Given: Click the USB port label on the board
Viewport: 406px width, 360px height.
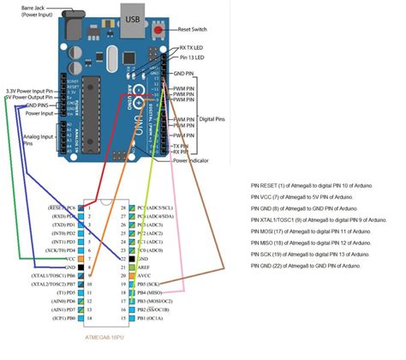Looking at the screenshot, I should [x=131, y=17].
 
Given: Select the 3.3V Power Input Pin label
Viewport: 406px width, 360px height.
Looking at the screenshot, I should [x=27, y=89].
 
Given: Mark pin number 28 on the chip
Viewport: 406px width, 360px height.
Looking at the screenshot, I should [x=123, y=208].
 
